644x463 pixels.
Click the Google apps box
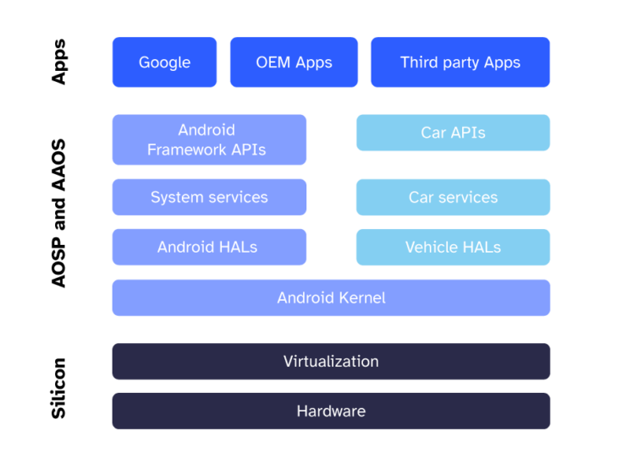[x=164, y=63]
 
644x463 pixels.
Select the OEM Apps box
[x=294, y=63]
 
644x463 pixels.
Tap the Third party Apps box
[x=460, y=63]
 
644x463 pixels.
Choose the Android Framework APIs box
[x=209, y=139]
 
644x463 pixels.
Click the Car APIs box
[x=453, y=133]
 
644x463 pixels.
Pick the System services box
[x=209, y=197]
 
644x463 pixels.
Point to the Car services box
[x=453, y=197]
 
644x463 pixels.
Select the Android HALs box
[x=209, y=247]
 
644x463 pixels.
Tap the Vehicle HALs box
[x=453, y=247]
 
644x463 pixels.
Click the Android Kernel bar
[x=331, y=297]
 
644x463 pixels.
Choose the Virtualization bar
[x=331, y=361]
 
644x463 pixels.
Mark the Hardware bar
[x=331, y=411]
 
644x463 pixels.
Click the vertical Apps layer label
[x=58, y=62]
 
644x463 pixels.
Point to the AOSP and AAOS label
[x=58, y=214]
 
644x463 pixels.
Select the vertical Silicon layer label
[x=58, y=388]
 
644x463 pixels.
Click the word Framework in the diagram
[x=189, y=150]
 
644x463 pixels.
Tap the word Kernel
[x=361, y=297]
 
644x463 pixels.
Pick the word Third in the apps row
[x=419, y=63]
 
